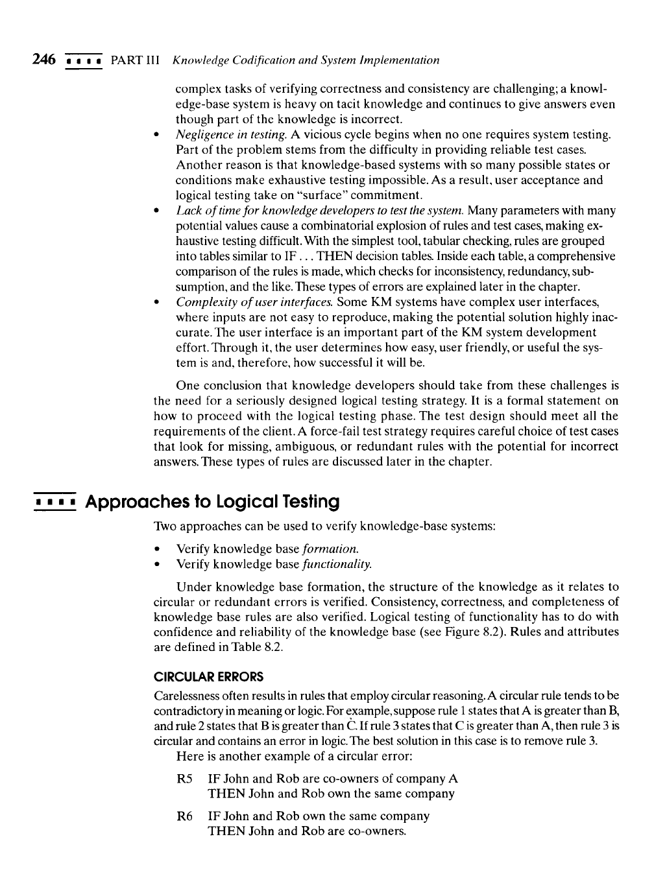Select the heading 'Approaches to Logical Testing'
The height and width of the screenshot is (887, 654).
(x=213, y=502)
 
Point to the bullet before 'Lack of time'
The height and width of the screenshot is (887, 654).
(x=158, y=211)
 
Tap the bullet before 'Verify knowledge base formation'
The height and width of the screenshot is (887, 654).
(x=158, y=549)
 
